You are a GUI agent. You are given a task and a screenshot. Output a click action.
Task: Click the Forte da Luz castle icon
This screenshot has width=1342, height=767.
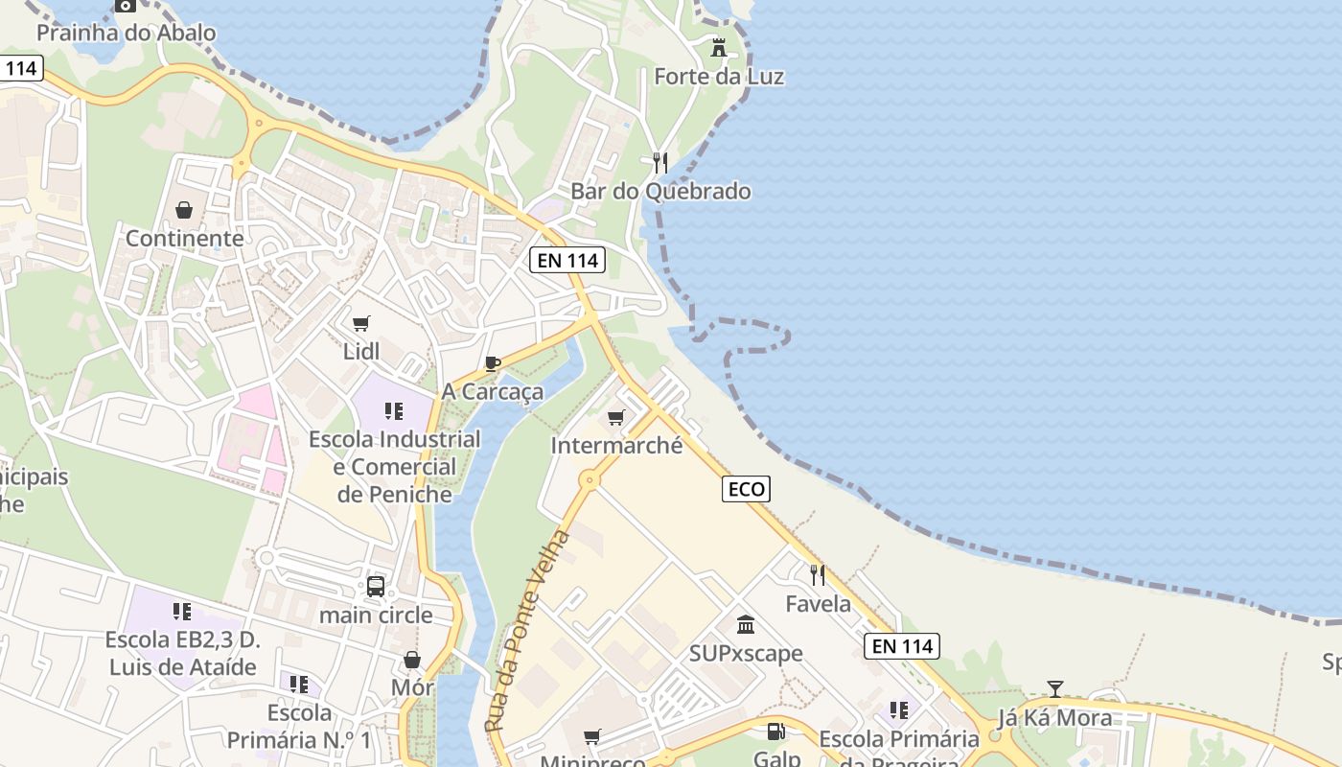pyautogui.click(x=718, y=47)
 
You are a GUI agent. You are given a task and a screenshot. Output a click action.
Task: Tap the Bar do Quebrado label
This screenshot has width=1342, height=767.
pyautogui.click(x=660, y=191)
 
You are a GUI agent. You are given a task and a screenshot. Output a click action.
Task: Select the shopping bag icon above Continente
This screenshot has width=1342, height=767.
pyautogui.click(x=184, y=210)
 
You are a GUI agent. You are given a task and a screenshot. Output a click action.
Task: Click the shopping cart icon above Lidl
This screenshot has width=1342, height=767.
pyautogui.click(x=360, y=324)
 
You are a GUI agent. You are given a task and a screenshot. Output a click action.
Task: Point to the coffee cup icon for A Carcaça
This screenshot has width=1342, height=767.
pyautogui.click(x=493, y=363)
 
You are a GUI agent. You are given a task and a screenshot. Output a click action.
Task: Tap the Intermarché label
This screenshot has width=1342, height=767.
pyautogui.click(x=616, y=445)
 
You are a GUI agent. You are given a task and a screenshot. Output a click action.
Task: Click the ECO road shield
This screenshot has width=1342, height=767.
pyautogui.click(x=746, y=489)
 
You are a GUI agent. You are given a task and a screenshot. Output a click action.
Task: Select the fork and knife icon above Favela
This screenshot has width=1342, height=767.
pyautogui.click(x=818, y=575)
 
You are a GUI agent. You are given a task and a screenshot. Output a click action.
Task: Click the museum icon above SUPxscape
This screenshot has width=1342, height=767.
pyautogui.click(x=746, y=625)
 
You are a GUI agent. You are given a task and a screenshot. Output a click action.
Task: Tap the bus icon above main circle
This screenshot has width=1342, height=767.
pyautogui.click(x=376, y=587)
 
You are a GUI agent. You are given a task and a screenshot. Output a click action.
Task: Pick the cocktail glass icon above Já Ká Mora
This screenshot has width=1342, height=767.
pyautogui.click(x=1055, y=688)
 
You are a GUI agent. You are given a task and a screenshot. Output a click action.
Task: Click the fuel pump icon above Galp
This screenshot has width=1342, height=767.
pyautogui.click(x=775, y=732)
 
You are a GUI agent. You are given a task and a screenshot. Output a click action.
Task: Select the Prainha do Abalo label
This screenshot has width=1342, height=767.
pyautogui.click(x=126, y=33)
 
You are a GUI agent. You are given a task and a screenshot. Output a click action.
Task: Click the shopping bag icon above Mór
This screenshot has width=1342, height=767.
pyautogui.click(x=412, y=660)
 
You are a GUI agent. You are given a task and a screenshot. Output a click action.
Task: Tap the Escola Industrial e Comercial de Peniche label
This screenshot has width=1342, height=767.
pyautogui.click(x=394, y=467)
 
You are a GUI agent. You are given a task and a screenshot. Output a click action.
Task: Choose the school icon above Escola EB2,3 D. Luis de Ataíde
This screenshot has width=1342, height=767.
pyautogui.click(x=182, y=612)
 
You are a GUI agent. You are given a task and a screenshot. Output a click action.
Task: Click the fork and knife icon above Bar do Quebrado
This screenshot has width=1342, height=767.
pyautogui.click(x=659, y=162)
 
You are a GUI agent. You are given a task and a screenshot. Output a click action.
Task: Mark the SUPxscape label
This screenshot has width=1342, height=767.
pyautogui.click(x=746, y=653)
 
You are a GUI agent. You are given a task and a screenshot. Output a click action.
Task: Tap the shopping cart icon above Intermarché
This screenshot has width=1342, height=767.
pyautogui.click(x=616, y=417)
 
